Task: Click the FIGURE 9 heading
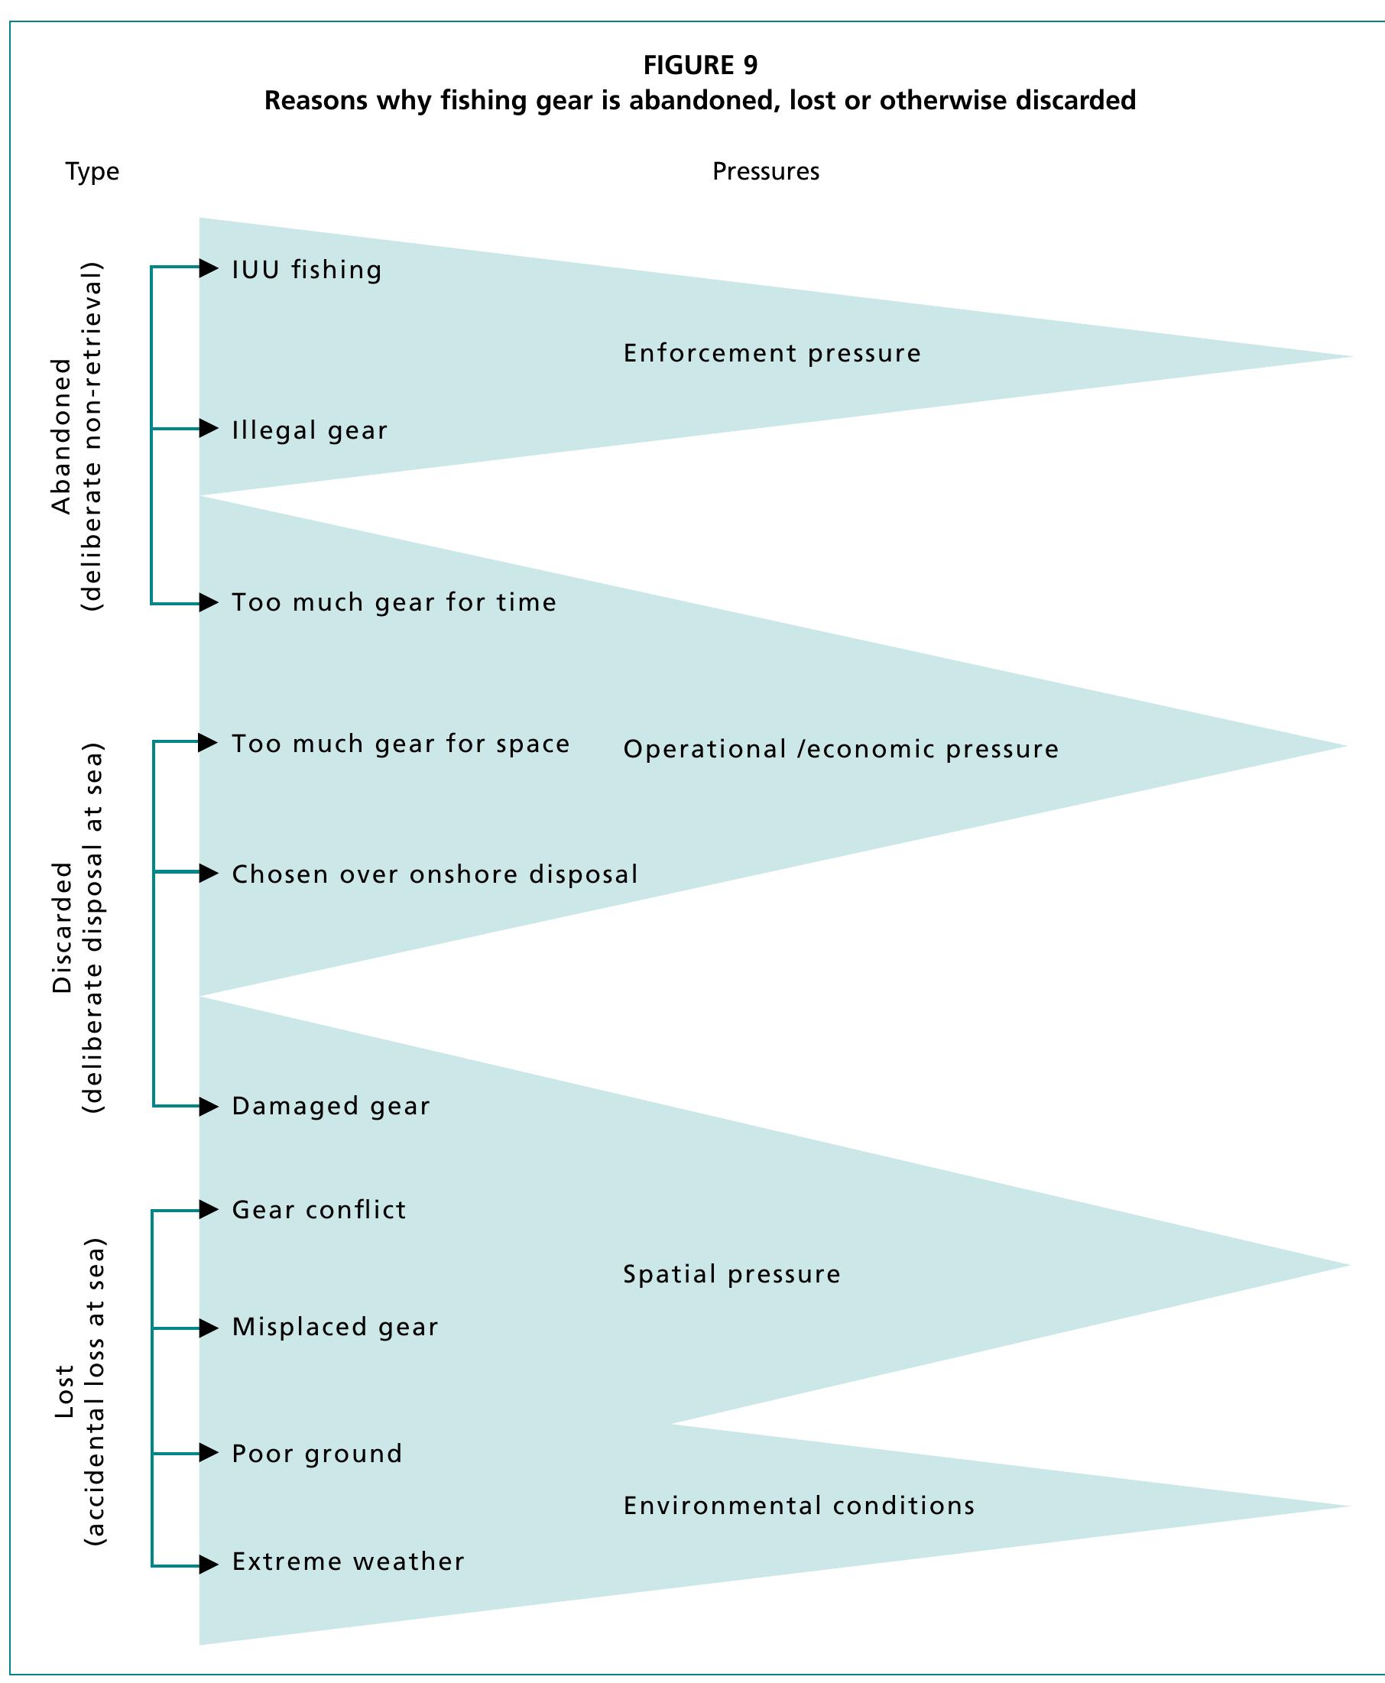coord(699,65)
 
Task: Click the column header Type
coord(92,171)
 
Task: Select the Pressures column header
coord(765,171)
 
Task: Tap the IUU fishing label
coord(307,270)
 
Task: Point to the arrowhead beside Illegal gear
coord(208,428)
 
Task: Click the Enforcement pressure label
coord(771,353)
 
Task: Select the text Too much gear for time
coord(394,602)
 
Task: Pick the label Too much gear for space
coord(401,744)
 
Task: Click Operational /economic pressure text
coord(840,749)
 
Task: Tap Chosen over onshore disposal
coord(434,874)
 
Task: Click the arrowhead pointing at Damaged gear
coord(208,1106)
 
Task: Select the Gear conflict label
coord(318,1210)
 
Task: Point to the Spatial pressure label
coord(731,1274)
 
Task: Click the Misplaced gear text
coord(334,1328)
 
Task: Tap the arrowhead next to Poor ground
coord(208,1452)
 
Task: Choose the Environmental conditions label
coord(799,1505)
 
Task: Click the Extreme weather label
coord(348,1561)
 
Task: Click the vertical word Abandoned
coord(61,436)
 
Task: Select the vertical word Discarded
coord(62,927)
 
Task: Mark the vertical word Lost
coord(64,1391)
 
